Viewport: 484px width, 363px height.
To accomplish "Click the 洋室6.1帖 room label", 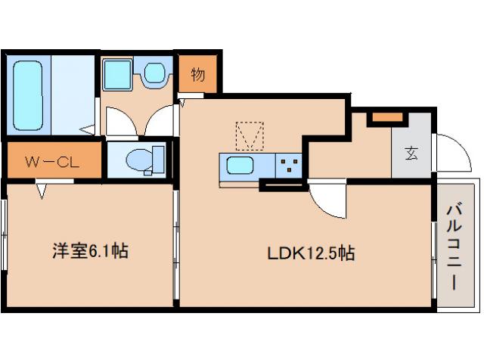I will (89, 251).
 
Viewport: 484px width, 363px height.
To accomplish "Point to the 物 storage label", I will (198, 74).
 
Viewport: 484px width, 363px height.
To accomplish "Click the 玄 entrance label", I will (411, 152).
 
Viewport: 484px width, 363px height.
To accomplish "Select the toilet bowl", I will (141, 160).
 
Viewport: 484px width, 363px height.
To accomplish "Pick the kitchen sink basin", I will (241, 166).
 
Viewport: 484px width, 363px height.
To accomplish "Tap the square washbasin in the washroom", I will (118, 73).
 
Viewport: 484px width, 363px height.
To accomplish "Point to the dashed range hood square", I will (250, 136).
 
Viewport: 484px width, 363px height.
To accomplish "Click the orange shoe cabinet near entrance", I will (386, 118).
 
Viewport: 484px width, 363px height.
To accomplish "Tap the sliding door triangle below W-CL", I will (42, 191).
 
